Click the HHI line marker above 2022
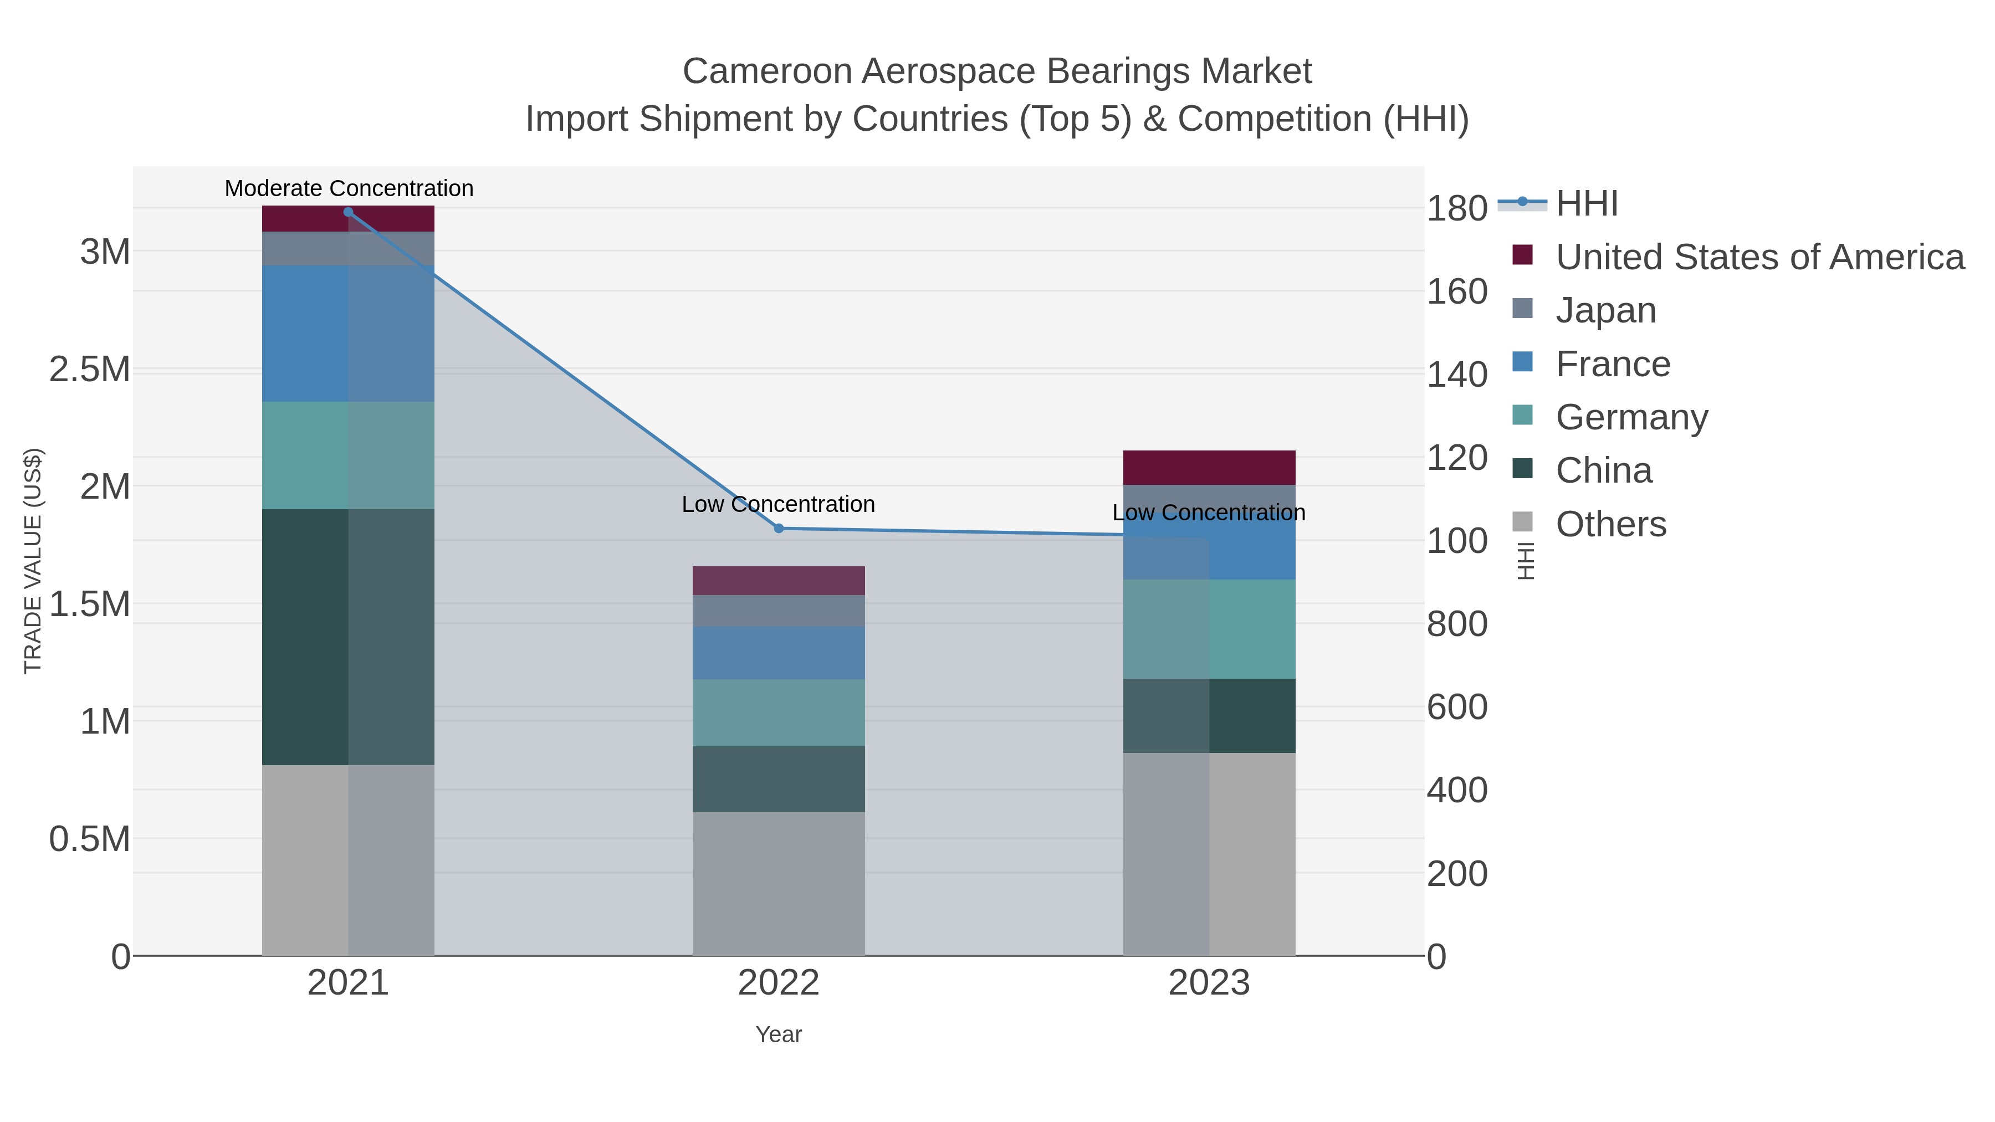(x=779, y=528)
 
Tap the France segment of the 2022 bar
(x=779, y=653)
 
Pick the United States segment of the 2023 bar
(x=1209, y=468)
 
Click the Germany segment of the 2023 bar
(x=1209, y=629)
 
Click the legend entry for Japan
(x=1605, y=310)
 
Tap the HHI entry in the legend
(x=1586, y=204)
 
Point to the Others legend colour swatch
(x=1522, y=522)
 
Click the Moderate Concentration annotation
(x=349, y=188)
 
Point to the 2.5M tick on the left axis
(x=90, y=370)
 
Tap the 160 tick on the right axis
(x=1457, y=292)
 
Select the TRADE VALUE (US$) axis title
(x=33, y=561)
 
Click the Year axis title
(x=779, y=1034)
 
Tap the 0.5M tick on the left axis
(x=90, y=839)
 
